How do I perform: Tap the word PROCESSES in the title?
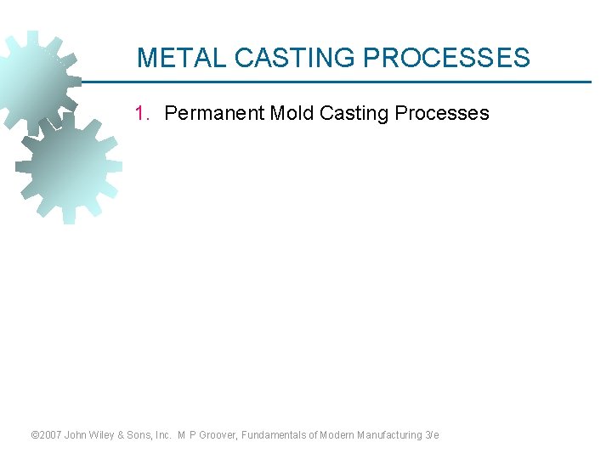click(446, 58)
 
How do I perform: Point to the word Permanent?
click(214, 113)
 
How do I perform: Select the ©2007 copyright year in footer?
click(47, 435)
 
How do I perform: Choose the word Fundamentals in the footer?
click(275, 435)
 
